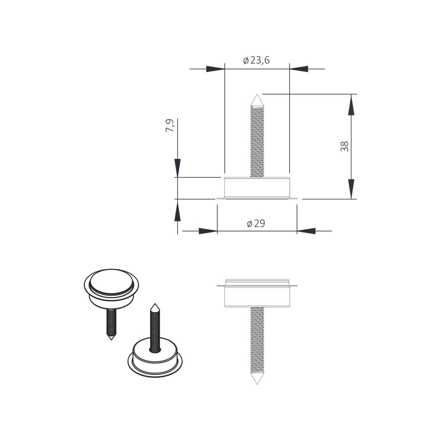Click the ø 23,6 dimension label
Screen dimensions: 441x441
(x=256, y=60)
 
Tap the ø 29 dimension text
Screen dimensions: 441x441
(x=256, y=223)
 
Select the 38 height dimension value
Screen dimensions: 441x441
(x=344, y=146)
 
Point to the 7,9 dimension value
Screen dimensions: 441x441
(x=169, y=125)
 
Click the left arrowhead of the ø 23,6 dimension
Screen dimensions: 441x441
(x=215, y=69)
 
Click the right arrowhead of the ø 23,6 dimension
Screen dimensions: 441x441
(x=299, y=69)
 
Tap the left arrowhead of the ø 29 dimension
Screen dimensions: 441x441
(x=208, y=231)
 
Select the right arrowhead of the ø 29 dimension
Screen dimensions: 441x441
(x=306, y=231)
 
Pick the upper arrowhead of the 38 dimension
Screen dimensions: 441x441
(x=351, y=105)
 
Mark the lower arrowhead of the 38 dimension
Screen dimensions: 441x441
(x=351, y=189)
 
